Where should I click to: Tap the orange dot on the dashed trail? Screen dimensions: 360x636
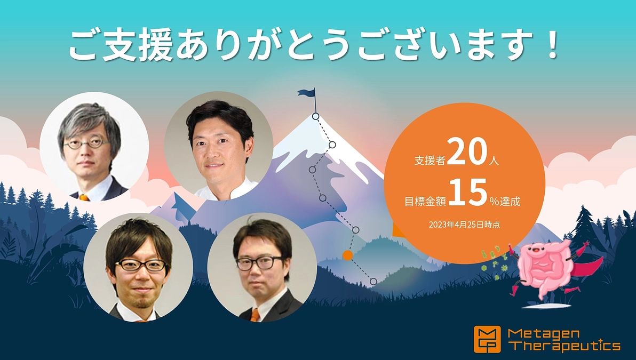(348, 255)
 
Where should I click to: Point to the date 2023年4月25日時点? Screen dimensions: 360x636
(464, 225)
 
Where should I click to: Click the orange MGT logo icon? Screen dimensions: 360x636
(487, 339)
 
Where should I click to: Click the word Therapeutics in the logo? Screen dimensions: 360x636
(565, 346)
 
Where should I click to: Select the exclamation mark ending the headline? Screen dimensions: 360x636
(552, 46)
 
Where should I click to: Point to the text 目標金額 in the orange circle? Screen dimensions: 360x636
(425, 201)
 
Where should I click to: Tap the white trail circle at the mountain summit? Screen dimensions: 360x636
(315, 116)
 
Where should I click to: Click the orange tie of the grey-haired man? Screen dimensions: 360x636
(84, 197)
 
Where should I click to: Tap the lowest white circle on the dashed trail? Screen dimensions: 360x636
(373, 281)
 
